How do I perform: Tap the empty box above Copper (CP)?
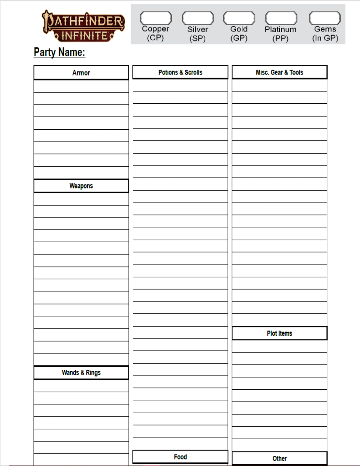[x=156, y=18]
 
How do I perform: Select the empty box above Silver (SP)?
[x=198, y=18]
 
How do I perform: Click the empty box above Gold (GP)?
[x=239, y=18]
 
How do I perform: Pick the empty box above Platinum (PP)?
[x=281, y=18]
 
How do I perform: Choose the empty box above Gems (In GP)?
[x=325, y=18]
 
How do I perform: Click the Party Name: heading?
[x=60, y=53]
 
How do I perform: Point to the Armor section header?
[x=81, y=73]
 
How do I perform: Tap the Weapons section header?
[x=81, y=186]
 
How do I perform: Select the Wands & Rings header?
[x=81, y=373]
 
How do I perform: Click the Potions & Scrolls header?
[x=180, y=72]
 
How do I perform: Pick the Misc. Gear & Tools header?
[x=280, y=72]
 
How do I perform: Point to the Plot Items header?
[x=280, y=334]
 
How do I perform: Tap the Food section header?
[x=180, y=457]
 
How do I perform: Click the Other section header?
[x=280, y=458]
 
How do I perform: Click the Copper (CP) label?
[x=156, y=34]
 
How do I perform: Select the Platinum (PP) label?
[x=281, y=34]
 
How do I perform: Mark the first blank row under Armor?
[x=81, y=86]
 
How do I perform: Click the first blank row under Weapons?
[x=81, y=199]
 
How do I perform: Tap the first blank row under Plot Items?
[x=280, y=346]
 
